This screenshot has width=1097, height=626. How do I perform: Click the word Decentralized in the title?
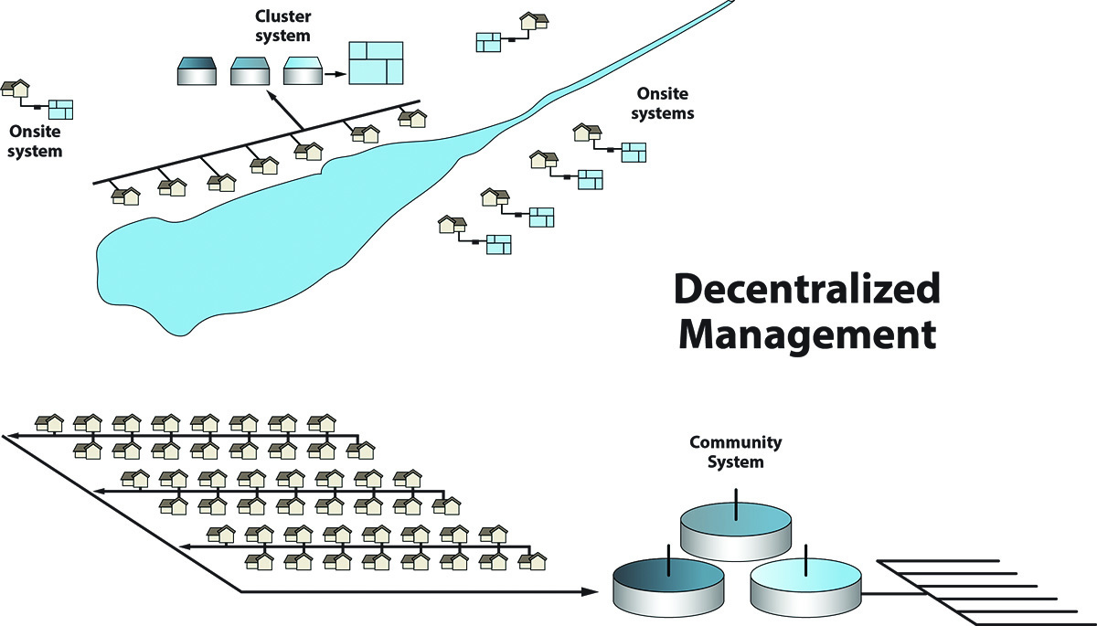click(806, 290)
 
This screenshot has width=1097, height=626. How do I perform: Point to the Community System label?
click(735, 452)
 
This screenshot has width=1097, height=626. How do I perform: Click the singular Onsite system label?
click(35, 142)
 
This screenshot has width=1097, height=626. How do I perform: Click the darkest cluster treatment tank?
click(197, 72)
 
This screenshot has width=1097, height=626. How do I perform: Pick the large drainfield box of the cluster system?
click(377, 63)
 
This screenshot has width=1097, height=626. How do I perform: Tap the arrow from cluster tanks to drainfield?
click(335, 73)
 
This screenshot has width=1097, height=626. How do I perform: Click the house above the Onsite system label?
click(16, 89)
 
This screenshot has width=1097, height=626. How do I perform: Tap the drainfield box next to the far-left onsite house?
click(60, 110)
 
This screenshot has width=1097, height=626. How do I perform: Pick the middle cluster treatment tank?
click(250, 72)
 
